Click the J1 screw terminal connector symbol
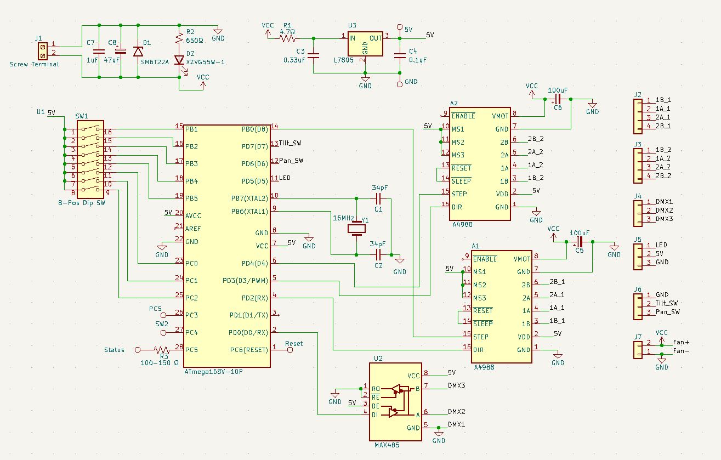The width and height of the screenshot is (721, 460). point(42,52)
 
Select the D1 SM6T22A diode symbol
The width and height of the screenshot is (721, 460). point(138,52)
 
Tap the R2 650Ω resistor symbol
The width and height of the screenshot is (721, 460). point(179,38)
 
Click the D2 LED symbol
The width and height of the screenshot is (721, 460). point(179,60)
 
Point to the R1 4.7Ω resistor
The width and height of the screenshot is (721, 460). point(287,38)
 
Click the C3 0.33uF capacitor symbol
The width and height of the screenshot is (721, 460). point(313,55)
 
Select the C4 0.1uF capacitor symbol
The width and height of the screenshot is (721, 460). point(400,55)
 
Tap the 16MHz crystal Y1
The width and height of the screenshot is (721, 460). point(357,229)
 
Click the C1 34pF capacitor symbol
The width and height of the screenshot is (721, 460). point(378,198)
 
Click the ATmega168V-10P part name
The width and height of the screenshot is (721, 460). point(213,372)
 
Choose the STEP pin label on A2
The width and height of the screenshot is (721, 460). point(459,194)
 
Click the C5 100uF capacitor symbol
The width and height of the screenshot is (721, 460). point(579,241)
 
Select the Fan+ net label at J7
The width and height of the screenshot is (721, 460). point(681,343)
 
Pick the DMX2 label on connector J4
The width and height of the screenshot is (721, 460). point(665,211)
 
